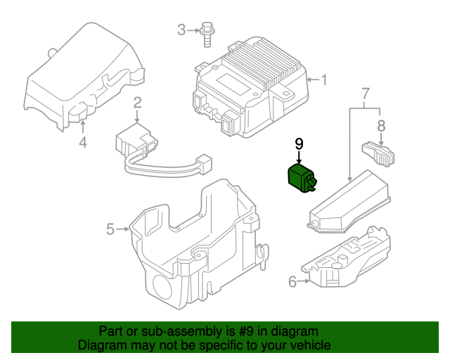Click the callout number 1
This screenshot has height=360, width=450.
[324, 79]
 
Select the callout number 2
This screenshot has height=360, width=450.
[137, 103]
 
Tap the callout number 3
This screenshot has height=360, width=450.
[181, 30]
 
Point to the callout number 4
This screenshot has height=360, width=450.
[82, 143]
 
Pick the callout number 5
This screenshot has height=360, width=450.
[110, 229]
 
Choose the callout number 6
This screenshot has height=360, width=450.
[292, 283]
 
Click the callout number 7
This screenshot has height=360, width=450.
[365, 94]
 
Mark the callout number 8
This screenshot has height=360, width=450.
[381, 126]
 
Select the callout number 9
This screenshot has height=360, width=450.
[299, 143]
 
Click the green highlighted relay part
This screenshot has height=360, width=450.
[301, 179]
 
